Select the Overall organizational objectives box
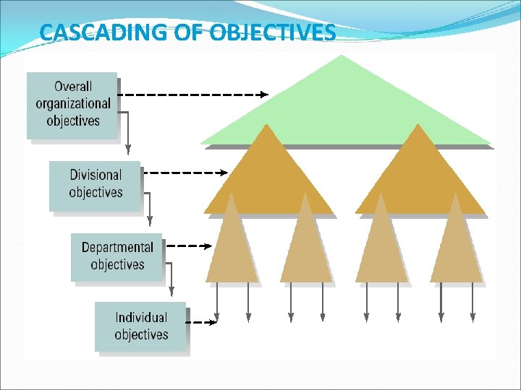point(72,105)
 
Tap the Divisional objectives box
point(95,185)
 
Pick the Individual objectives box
point(140,326)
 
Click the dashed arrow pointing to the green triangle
point(192,94)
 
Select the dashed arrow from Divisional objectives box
point(185,173)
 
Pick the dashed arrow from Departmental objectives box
point(189,246)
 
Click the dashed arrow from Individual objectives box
point(202,321)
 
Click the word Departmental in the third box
point(117,248)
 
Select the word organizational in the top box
point(73,103)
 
